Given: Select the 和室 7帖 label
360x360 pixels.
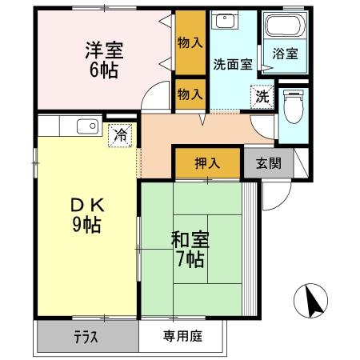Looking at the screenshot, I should (x=189, y=248).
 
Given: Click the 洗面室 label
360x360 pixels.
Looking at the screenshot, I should (x=232, y=65).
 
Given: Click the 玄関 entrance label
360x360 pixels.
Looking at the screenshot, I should (x=268, y=163).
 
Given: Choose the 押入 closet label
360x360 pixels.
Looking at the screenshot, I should (x=206, y=163).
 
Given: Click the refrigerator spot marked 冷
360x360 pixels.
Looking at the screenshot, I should (x=120, y=136).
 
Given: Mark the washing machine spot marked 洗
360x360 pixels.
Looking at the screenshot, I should (x=262, y=95).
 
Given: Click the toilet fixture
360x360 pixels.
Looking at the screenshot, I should (x=292, y=104).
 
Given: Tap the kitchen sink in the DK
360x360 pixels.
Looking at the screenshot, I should (x=86, y=125).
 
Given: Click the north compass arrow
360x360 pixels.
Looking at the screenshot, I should (x=313, y=302).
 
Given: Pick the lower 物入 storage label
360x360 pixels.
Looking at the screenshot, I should (x=190, y=93).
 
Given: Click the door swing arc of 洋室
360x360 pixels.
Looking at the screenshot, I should (x=152, y=97).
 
